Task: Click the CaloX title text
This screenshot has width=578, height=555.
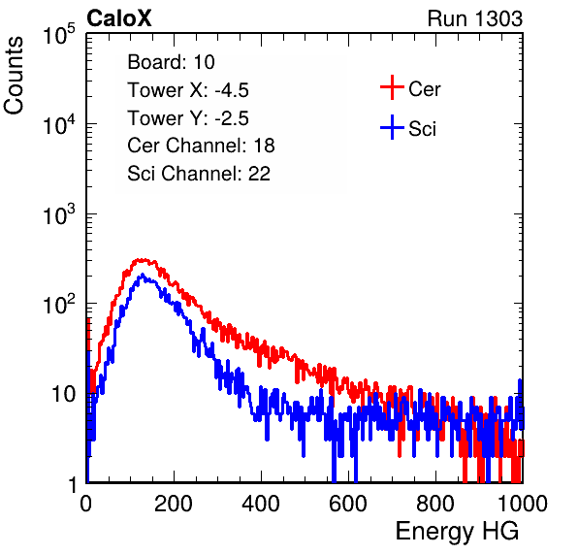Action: point(118,18)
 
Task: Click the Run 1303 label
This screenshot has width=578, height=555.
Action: point(475,18)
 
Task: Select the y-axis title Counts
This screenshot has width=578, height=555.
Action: point(14,76)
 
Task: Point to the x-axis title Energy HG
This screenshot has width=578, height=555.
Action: point(457,532)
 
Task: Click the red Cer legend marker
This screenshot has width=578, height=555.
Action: point(392,87)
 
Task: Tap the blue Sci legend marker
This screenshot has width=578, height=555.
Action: point(392,128)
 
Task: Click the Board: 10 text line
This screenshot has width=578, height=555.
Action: point(171,62)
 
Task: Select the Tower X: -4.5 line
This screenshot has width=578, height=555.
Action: point(188,90)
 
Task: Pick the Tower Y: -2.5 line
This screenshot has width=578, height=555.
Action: point(188,118)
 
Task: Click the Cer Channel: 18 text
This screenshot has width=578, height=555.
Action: point(201,146)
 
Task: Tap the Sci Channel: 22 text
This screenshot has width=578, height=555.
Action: point(199,174)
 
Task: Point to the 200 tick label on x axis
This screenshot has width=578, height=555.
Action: point(174,504)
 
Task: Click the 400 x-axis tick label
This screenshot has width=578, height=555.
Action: point(261,504)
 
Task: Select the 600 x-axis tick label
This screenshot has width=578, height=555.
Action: point(348,504)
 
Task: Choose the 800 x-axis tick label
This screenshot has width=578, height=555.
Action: point(435,504)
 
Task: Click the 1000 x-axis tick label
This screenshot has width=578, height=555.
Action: point(523,504)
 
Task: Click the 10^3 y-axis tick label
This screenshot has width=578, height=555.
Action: point(59,213)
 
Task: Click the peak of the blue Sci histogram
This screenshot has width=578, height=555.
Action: point(142,275)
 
